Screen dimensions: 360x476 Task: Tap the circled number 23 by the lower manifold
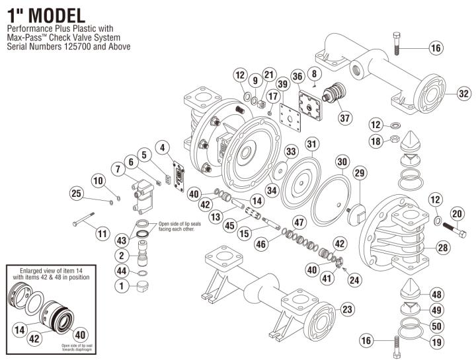[346, 309]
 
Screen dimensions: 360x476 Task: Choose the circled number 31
[312, 145]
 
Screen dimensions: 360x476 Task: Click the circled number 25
[77, 193]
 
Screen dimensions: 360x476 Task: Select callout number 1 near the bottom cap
[122, 286]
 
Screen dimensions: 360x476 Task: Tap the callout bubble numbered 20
[457, 213]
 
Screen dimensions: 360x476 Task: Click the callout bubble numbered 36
[297, 77]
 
